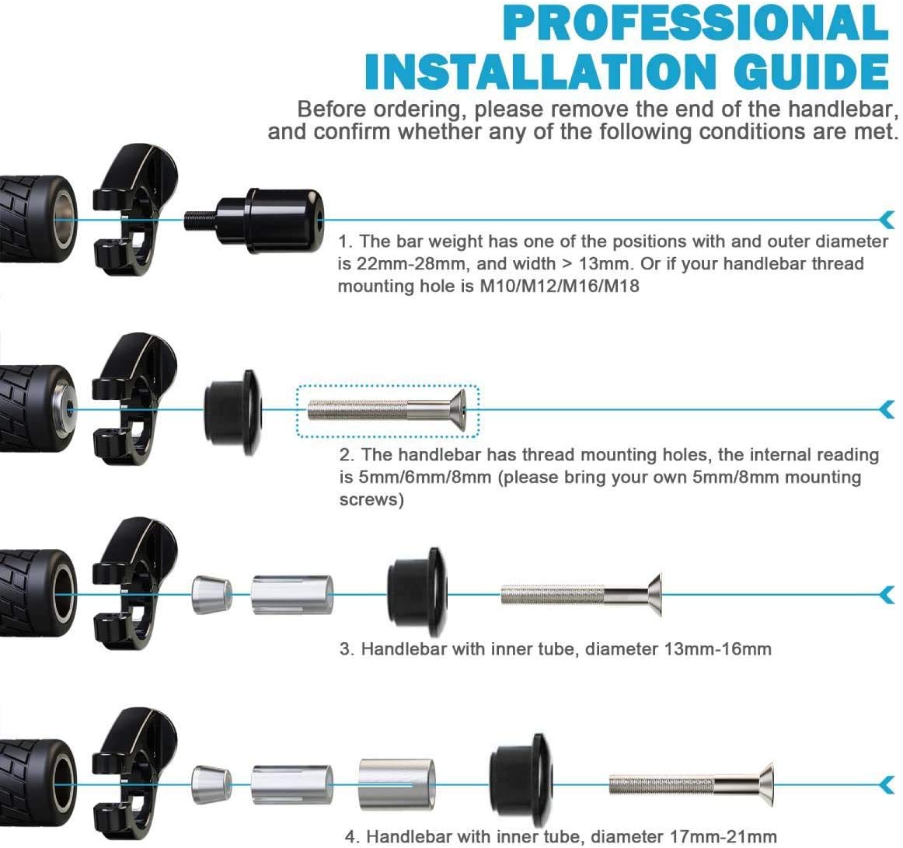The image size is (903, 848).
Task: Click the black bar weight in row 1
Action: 254,220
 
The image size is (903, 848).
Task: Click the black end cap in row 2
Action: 233,411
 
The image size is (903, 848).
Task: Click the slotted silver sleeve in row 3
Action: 292,595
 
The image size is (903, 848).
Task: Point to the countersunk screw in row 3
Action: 581,595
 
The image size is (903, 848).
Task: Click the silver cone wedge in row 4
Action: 211,784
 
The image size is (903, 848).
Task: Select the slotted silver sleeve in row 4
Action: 292,784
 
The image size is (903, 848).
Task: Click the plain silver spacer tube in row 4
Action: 397,784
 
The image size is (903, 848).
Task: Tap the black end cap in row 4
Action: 521,781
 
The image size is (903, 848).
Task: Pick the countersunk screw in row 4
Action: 692,784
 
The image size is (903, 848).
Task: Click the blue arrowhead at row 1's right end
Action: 888,219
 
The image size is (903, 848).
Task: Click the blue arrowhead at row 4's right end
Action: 888,784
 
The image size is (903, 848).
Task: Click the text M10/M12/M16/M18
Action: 560,286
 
